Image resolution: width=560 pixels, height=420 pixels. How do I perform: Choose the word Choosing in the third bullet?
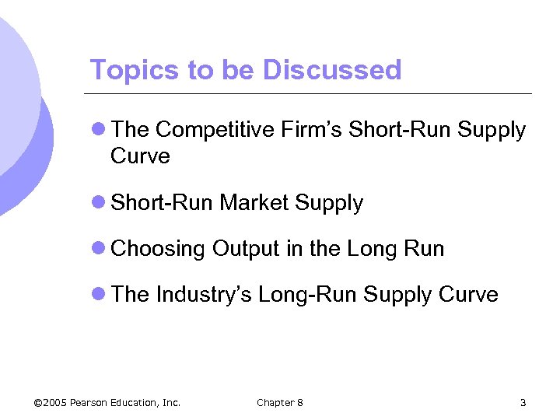159,249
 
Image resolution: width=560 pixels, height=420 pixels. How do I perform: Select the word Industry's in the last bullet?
204,295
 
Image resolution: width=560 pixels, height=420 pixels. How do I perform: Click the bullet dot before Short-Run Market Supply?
98,203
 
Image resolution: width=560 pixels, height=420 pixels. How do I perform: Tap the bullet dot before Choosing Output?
98,249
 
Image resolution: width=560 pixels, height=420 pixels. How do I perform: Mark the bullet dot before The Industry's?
98,295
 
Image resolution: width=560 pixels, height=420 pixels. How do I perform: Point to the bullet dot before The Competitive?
98,131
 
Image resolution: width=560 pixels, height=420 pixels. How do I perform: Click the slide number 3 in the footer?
523,402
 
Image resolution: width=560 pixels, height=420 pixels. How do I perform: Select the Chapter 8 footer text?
280,402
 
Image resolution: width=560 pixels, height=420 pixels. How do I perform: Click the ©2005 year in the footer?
51,402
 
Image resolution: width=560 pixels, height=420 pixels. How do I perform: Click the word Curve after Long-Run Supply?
468,295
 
